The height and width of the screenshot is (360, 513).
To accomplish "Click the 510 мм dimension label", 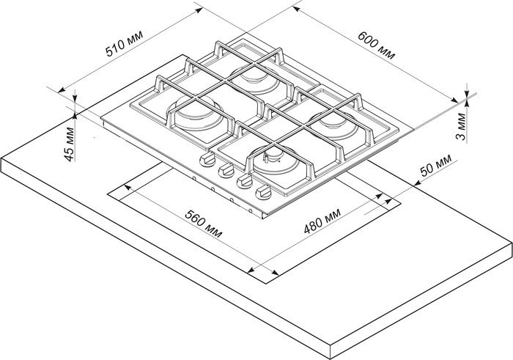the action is point(125,44).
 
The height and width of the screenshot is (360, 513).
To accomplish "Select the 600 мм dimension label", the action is point(376,45).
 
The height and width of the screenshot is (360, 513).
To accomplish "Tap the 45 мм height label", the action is point(70,144).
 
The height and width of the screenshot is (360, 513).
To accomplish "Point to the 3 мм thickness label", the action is point(461,127).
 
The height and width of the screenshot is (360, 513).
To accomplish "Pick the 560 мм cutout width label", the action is point(204,224).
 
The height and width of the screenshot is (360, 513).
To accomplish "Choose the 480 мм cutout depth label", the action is point(322,221).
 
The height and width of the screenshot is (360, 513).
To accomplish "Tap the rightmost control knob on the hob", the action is point(263,192).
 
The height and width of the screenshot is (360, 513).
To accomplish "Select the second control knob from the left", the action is point(226,171).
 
